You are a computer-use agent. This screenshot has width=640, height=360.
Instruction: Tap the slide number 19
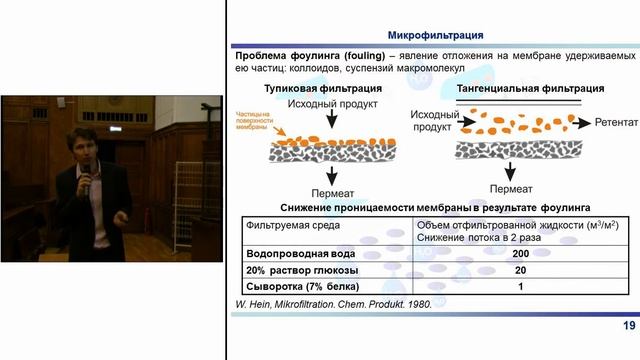pos(629,325)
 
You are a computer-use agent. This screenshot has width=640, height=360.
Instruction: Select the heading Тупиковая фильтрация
pos(306,89)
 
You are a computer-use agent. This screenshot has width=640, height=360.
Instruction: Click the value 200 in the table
pos(519,254)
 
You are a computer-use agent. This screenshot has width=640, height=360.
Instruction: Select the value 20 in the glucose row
pos(519,271)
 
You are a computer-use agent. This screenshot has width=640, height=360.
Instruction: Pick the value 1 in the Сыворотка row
pos(519,288)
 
